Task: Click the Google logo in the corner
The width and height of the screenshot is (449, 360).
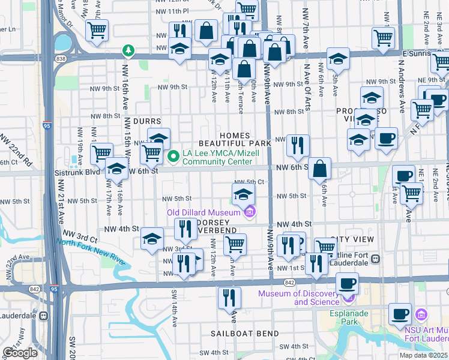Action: click(x=20, y=353)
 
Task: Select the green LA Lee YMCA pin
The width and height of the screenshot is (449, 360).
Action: click(x=174, y=157)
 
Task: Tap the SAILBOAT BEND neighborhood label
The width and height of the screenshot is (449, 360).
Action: click(x=244, y=333)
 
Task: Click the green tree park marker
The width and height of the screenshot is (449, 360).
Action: click(x=127, y=50)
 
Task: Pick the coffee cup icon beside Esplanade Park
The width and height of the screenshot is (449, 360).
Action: click(x=400, y=314)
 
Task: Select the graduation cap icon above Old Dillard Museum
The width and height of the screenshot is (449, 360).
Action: click(x=243, y=194)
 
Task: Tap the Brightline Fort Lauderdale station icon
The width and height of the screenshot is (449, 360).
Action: click(x=375, y=259)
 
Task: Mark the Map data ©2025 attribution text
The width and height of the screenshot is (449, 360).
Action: click(x=424, y=355)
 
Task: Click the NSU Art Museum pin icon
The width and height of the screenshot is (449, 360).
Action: click(x=421, y=314)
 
